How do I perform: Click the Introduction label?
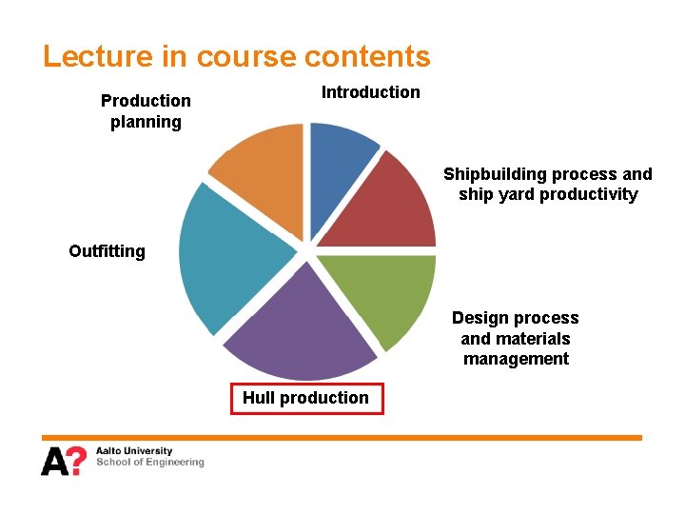click(370, 92)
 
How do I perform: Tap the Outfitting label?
click(107, 251)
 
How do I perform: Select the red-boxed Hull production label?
click(306, 398)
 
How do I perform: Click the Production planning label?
click(146, 110)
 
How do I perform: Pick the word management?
click(516, 359)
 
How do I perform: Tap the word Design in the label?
click(477, 318)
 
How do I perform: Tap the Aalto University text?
click(134, 450)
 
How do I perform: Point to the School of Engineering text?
click(150, 463)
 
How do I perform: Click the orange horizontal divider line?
click(342, 437)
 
